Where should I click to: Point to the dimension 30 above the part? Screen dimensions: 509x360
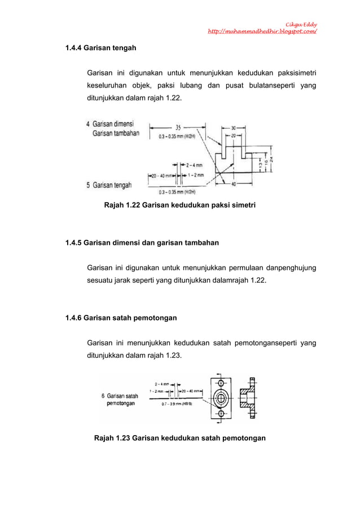coord(234,128)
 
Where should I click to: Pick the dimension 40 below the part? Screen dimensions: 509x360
coord(234,183)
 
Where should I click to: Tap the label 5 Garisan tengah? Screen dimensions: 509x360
coord(109,185)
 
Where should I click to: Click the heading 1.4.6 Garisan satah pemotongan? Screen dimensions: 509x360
coord(121,318)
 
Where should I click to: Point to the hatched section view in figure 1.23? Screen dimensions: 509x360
coord(249,398)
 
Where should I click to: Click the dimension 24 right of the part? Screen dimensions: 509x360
coord(271,159)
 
